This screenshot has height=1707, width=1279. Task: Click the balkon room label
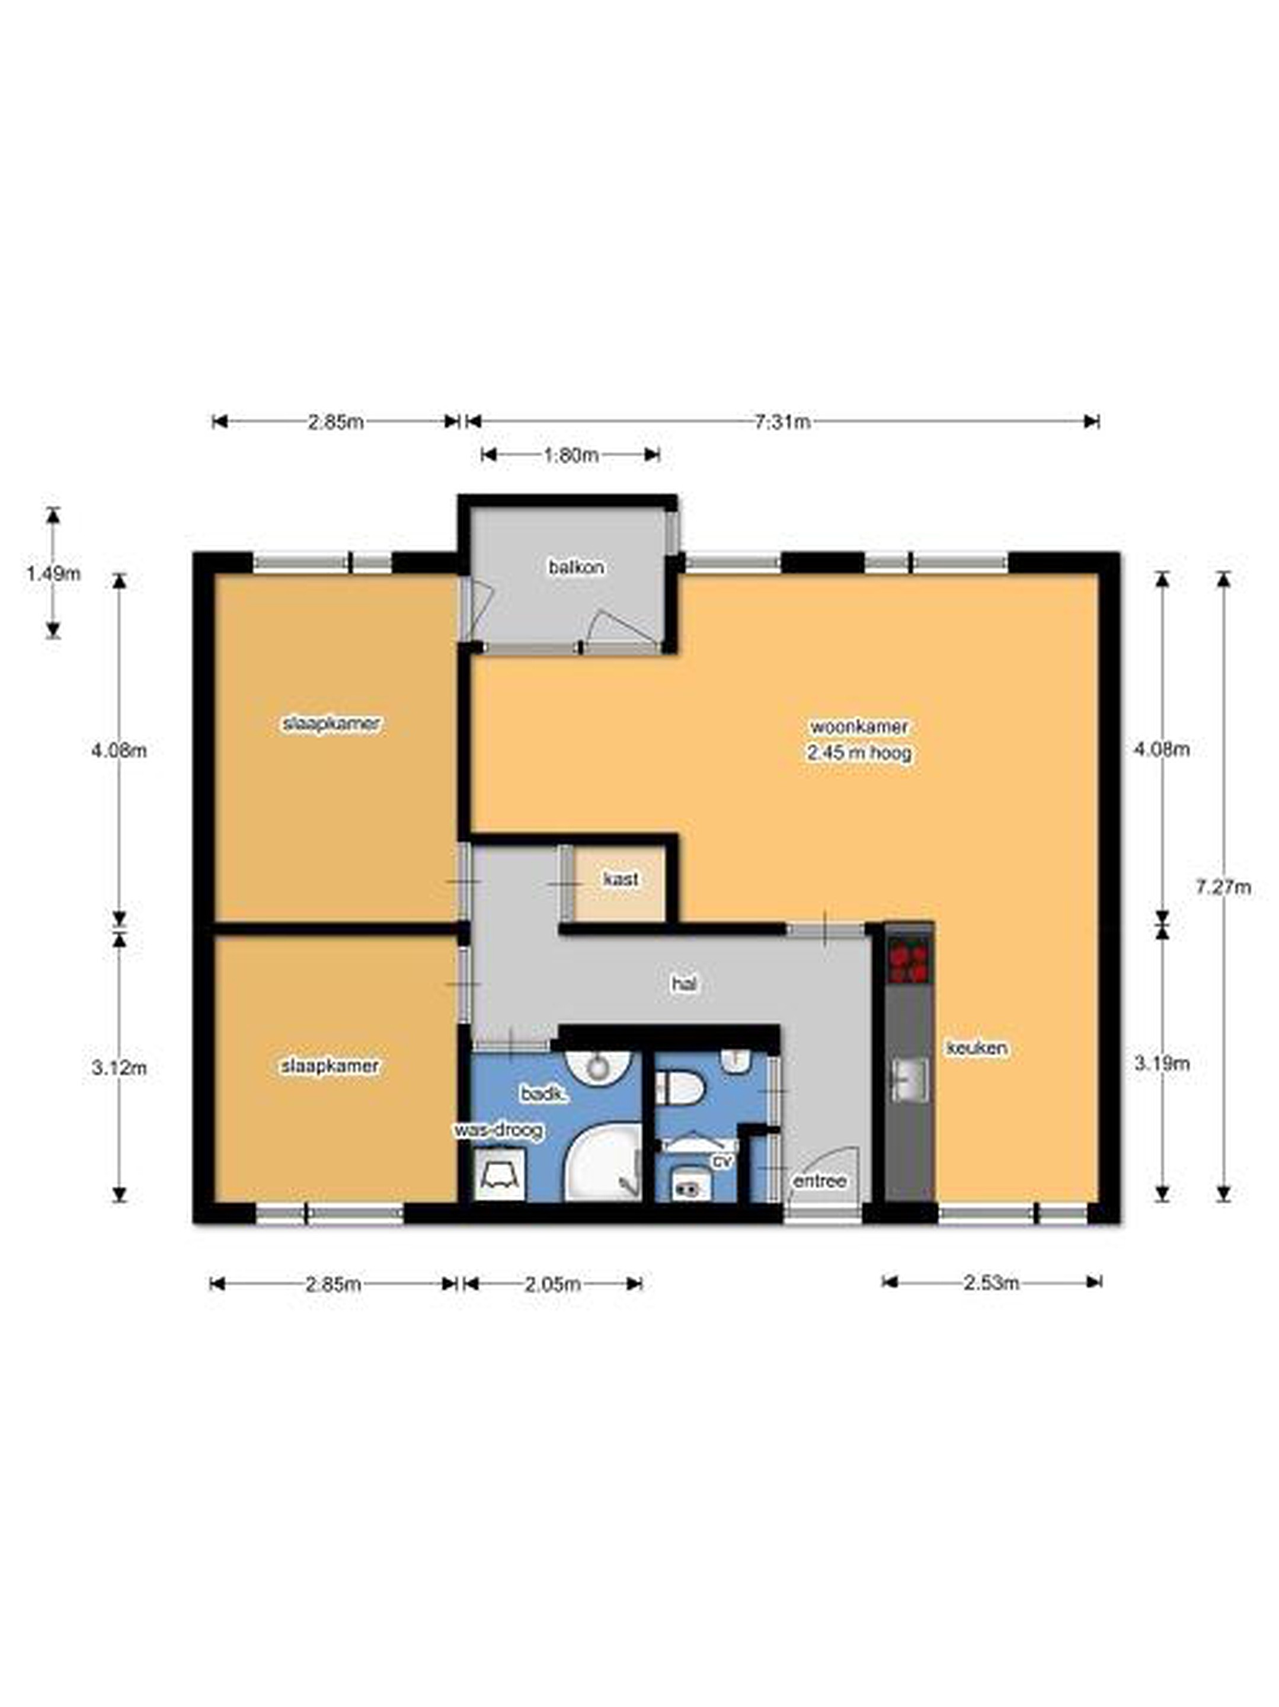[x=576, y=567]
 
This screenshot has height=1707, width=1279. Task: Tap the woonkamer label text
[x=858, y=726]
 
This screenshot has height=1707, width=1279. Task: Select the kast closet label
[x=621, y=879]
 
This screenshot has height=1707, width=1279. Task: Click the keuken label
[x=976, y=1048]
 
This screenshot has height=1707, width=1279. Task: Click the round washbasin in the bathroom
[x=598, y=1067]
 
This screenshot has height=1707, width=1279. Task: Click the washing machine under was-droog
[x=500, y=1173]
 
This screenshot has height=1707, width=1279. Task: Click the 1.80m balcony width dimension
[x=571, y=455]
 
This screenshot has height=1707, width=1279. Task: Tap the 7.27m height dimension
[x=1223, y=887]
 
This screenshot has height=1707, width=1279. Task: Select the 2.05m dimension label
[x=552, y=1284]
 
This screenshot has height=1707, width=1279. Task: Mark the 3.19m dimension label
[x=1162, y=1063]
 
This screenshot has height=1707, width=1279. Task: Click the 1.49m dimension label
[x=53, y=573]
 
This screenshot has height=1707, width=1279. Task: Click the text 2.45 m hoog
[x=859, y=752]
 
